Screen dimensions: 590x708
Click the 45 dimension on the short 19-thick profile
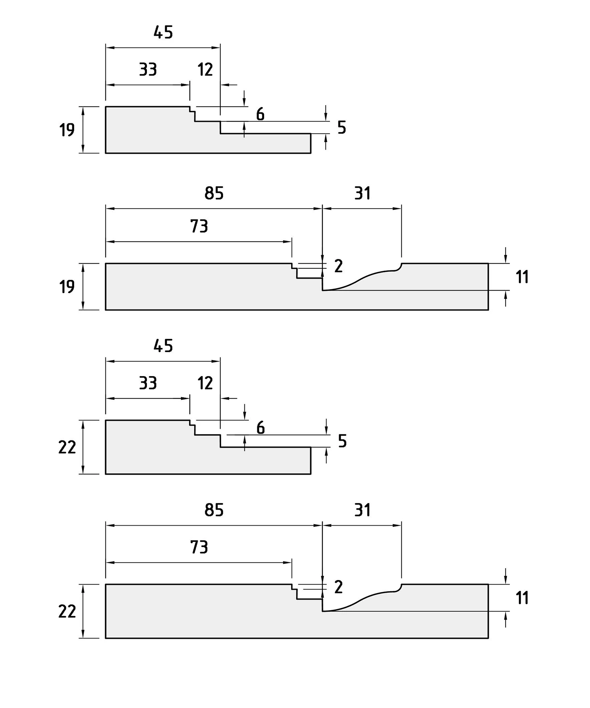163,33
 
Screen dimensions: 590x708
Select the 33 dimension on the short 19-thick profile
148,70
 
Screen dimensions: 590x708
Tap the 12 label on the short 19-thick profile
205,70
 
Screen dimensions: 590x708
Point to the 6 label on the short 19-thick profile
260,114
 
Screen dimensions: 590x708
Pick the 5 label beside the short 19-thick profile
342,128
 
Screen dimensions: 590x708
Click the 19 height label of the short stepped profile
67,130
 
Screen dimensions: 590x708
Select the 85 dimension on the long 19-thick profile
214,193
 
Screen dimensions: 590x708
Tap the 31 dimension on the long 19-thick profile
362,193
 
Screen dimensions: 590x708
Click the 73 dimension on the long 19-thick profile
199,226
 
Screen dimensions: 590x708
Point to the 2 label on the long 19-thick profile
338,266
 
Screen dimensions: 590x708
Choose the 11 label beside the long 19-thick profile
522,277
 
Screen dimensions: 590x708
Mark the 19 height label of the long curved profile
67,287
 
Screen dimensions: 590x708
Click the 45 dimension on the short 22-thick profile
163,346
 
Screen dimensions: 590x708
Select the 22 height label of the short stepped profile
67,447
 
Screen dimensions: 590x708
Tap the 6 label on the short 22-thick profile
260,428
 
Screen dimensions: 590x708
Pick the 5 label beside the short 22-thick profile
342,441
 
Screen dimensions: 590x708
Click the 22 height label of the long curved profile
67,611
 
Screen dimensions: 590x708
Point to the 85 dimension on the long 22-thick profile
214,510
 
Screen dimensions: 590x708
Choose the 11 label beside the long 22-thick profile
522,598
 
